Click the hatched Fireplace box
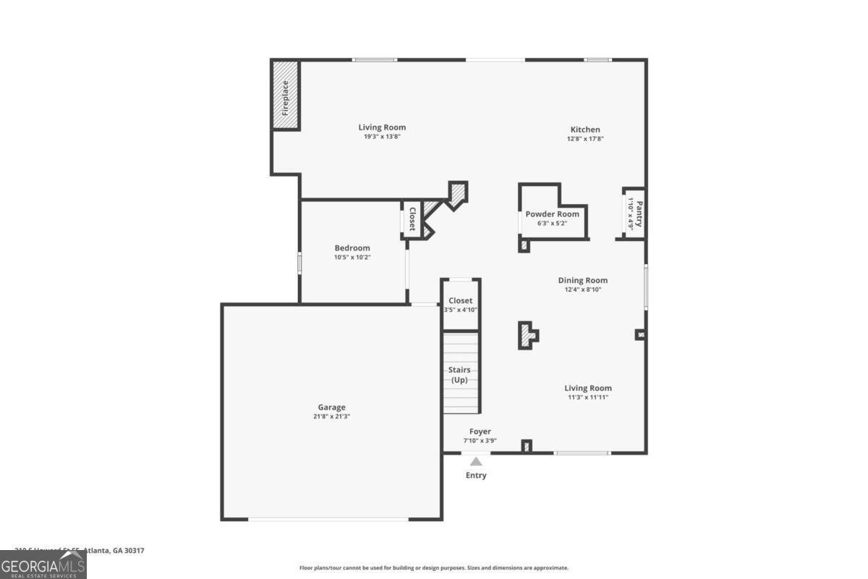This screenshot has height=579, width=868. tap(286, 96)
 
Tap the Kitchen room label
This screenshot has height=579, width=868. tap(585, 130)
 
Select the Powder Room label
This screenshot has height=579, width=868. tap(553, 214)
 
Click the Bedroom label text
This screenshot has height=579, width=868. tap(352, 248)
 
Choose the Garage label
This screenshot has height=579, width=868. tap(332, 407)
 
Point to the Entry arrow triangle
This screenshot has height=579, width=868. tap(476, 461)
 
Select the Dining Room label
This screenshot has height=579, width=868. tap(583, 280)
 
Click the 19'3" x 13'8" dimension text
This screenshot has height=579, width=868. tap(382, 137)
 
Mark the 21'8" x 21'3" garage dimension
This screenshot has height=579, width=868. tap(332, 416)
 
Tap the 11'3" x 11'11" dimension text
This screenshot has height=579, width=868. tap(588, 397)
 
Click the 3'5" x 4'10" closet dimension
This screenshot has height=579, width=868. tap(461, 310)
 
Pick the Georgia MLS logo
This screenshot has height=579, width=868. tap(43, 565)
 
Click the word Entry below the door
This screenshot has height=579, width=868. tap(476, 476)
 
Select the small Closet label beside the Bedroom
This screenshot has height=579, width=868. tap(412, 219)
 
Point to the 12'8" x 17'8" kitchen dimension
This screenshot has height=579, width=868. tap(585, 139)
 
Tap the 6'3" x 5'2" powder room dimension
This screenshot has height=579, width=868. tap(553, 224)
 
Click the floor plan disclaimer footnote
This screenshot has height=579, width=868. tap(434, 568)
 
